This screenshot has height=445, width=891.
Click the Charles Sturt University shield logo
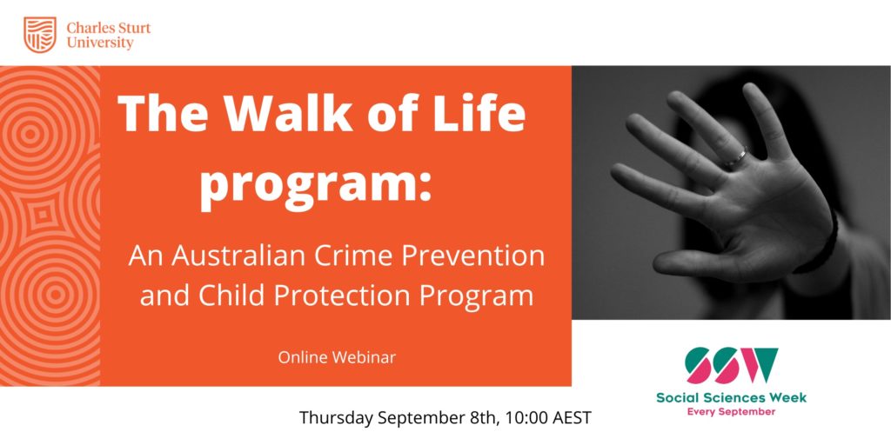(40, 35)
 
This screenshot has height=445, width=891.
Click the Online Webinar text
(337, 357)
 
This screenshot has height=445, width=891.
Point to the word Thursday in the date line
(336, 418)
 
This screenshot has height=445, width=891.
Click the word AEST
(570, 418)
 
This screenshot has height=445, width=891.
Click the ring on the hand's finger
(736, 156)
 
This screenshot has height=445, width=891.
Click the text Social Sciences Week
(731, 397)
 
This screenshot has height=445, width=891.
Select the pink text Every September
(731, 411)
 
